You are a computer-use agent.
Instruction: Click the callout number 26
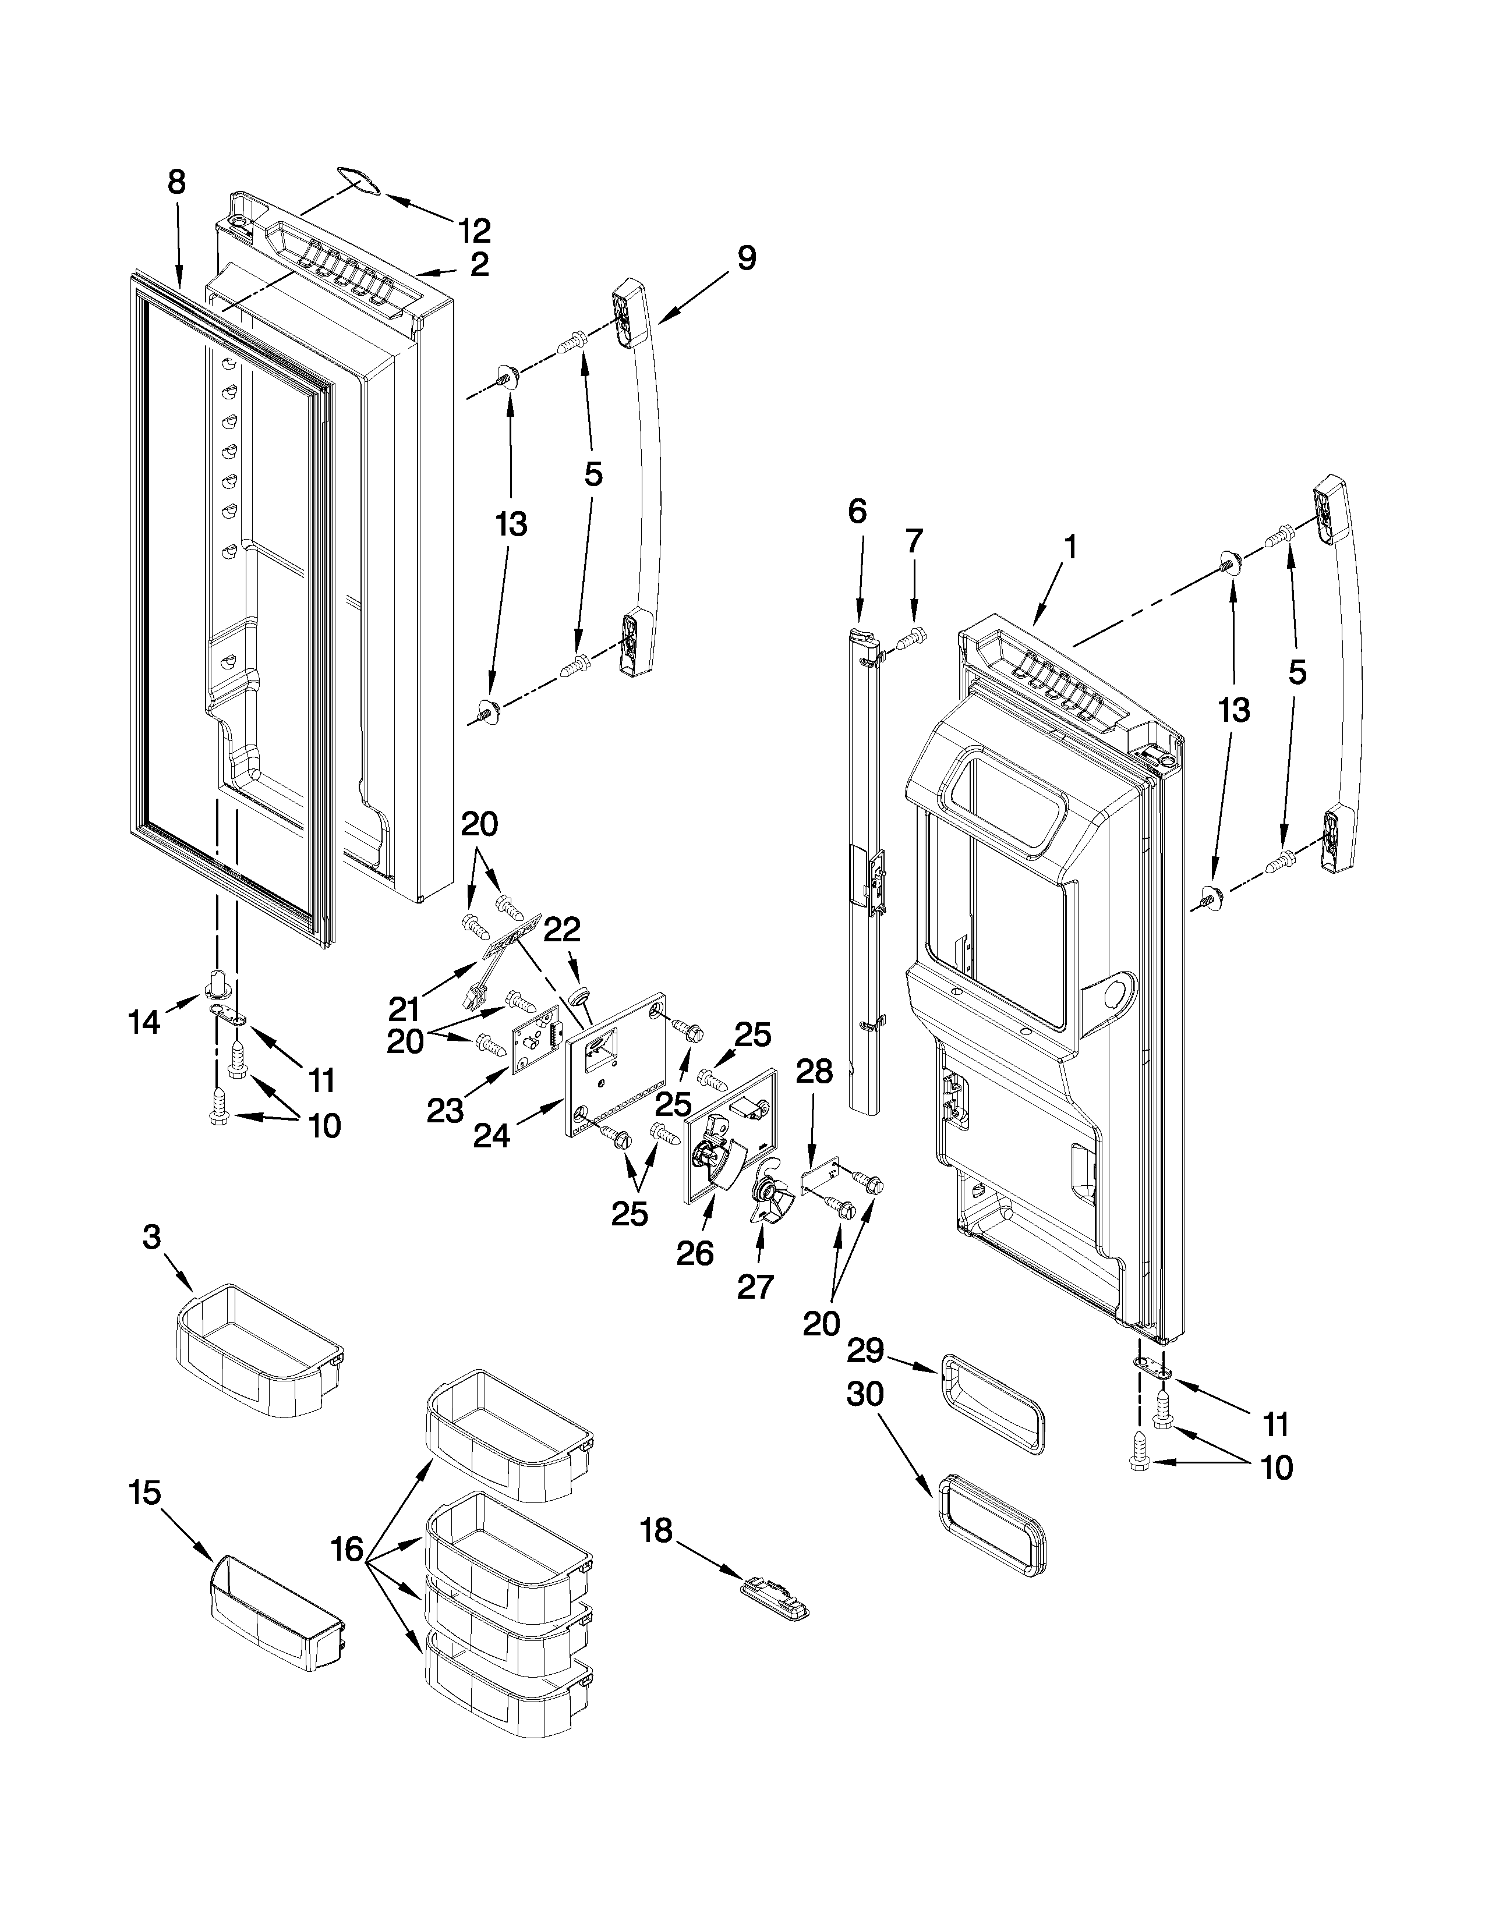pyautogui.click(x=694, y=1253)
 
